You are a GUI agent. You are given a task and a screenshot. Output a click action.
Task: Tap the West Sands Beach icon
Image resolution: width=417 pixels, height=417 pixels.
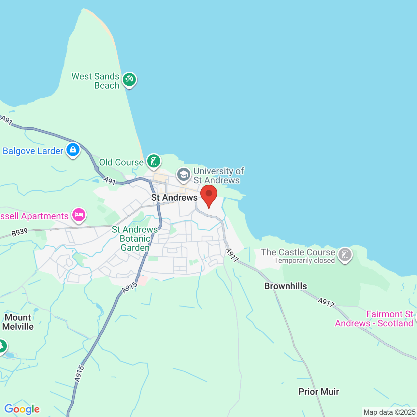pos(129,79)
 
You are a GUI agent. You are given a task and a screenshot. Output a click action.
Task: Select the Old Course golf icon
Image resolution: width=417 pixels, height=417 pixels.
pos(153,161)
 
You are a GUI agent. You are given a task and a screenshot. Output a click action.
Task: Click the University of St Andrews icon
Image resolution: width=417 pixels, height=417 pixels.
pos(184,175)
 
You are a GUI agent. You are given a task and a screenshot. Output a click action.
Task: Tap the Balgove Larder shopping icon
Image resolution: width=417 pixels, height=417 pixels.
pos(73,150)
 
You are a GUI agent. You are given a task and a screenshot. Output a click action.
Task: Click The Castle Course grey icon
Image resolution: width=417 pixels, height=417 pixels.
pos(345,254)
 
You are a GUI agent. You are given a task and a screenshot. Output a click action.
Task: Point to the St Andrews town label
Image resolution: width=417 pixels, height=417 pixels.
pos(174,197)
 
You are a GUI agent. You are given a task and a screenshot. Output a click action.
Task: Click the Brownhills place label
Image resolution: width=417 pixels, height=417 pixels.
pos(285,286)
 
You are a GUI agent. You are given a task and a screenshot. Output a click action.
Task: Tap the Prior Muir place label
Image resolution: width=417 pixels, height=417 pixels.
pos(319,392)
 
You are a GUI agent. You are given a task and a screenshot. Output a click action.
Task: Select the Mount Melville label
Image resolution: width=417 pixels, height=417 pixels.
pos(18,322)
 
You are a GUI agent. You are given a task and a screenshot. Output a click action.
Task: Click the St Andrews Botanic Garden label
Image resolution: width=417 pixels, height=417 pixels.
pos(135,238)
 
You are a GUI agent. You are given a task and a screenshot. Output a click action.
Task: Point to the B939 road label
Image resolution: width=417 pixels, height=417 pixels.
pos(20,232)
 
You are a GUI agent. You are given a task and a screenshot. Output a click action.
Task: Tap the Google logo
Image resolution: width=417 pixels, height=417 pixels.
pos(22,409)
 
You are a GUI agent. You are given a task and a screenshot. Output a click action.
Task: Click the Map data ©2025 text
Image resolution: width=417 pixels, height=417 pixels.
pos(389,412)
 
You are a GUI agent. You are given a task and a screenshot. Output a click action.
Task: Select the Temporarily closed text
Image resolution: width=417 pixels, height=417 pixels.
pos(304,261)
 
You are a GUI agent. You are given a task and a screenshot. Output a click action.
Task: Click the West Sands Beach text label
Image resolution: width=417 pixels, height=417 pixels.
pos(96,81)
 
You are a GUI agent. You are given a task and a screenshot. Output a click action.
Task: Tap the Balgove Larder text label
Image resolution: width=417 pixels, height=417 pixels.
pos(33,151)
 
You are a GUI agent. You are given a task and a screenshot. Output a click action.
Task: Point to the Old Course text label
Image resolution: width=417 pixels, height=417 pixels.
pos(121,162)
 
